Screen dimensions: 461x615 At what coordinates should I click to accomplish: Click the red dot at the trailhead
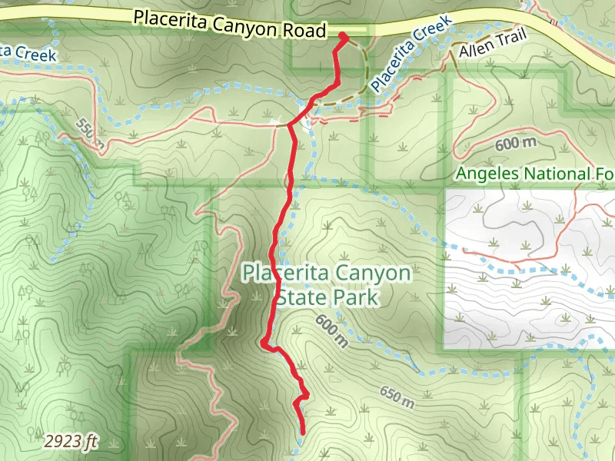point(343,36)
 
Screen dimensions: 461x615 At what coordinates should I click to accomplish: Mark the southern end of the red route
point(304,433)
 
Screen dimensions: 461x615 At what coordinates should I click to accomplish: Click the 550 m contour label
point(91,133)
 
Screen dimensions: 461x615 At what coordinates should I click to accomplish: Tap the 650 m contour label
point(397,396)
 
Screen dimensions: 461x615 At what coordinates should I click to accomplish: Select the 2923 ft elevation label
point(70,441)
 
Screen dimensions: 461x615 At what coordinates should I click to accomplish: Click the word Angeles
point(487,174)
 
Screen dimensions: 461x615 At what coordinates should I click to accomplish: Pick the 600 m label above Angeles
point(514,143)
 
